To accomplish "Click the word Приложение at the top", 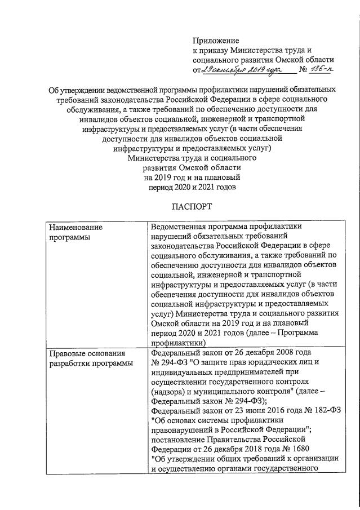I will [x=216, y=41].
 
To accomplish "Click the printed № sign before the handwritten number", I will [x=302, y=69].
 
